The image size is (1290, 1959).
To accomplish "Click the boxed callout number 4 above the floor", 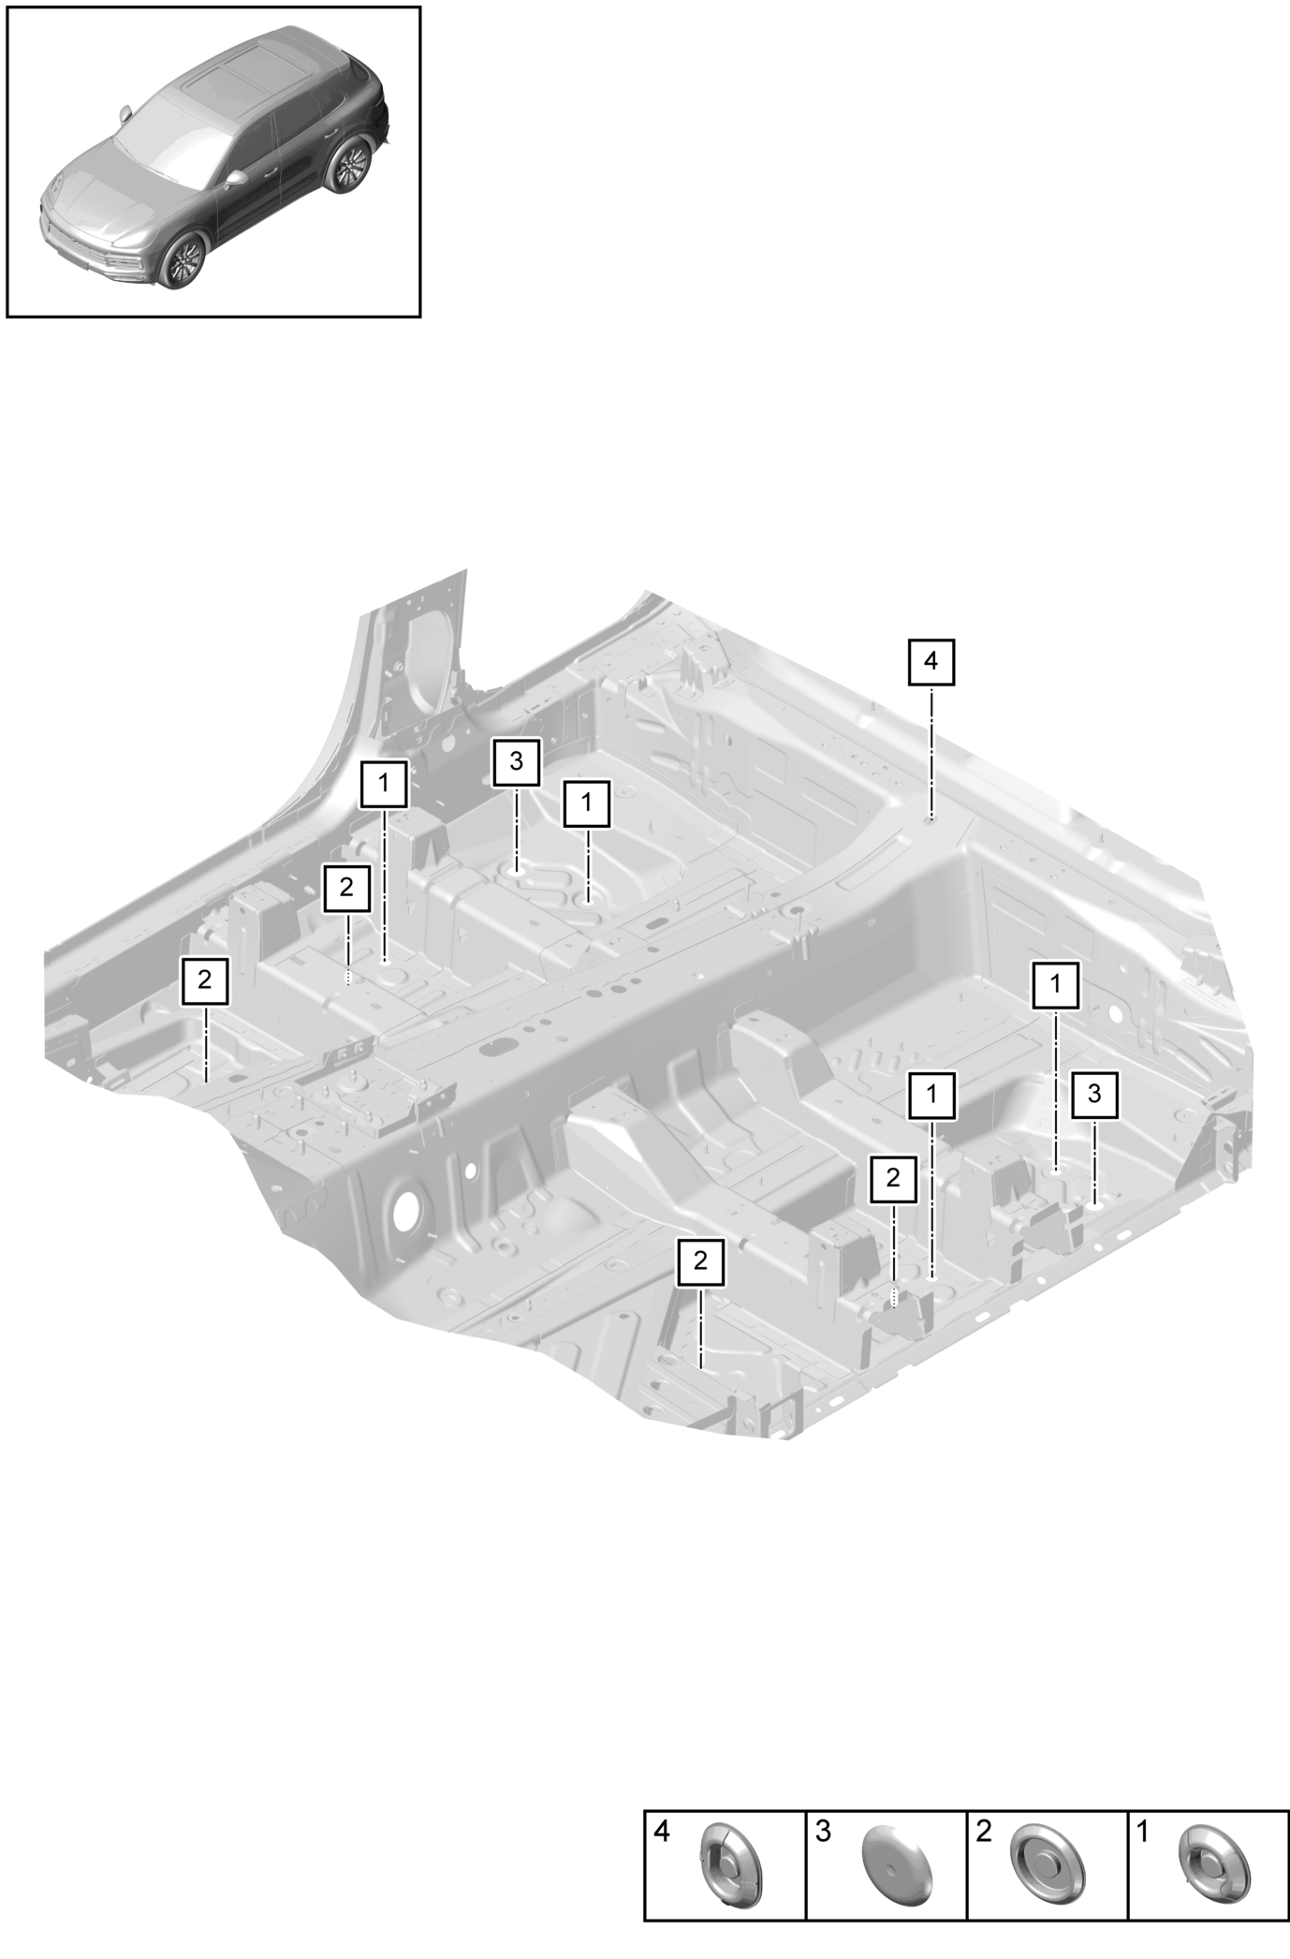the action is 931,661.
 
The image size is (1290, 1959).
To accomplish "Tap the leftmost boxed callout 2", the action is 204,980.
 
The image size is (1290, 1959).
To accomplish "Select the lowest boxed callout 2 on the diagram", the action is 701,1261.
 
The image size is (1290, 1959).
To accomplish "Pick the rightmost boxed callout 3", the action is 1094,1094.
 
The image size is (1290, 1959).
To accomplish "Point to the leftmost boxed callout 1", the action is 384,784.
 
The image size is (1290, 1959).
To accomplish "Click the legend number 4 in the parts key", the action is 661,1832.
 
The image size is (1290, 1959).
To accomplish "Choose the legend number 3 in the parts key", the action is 823,1832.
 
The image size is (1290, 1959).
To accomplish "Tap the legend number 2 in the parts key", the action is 983,1832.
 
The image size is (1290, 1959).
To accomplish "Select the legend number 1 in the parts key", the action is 1143,1832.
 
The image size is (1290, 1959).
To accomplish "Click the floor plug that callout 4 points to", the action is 931,820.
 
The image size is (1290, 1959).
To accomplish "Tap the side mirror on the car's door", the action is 235,177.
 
